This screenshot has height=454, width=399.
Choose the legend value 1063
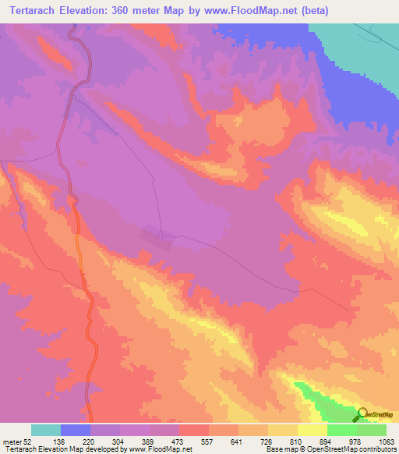[x=386, y=442]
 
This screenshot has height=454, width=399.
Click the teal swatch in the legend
[x=46, y=430]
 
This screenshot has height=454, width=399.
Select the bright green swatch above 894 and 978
[x=341, y=430]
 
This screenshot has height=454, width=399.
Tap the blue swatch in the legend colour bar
[x=76, y=430]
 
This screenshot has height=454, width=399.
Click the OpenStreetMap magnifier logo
[x=363, y=416]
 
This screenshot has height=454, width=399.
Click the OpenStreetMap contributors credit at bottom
[x=351, y=449]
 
